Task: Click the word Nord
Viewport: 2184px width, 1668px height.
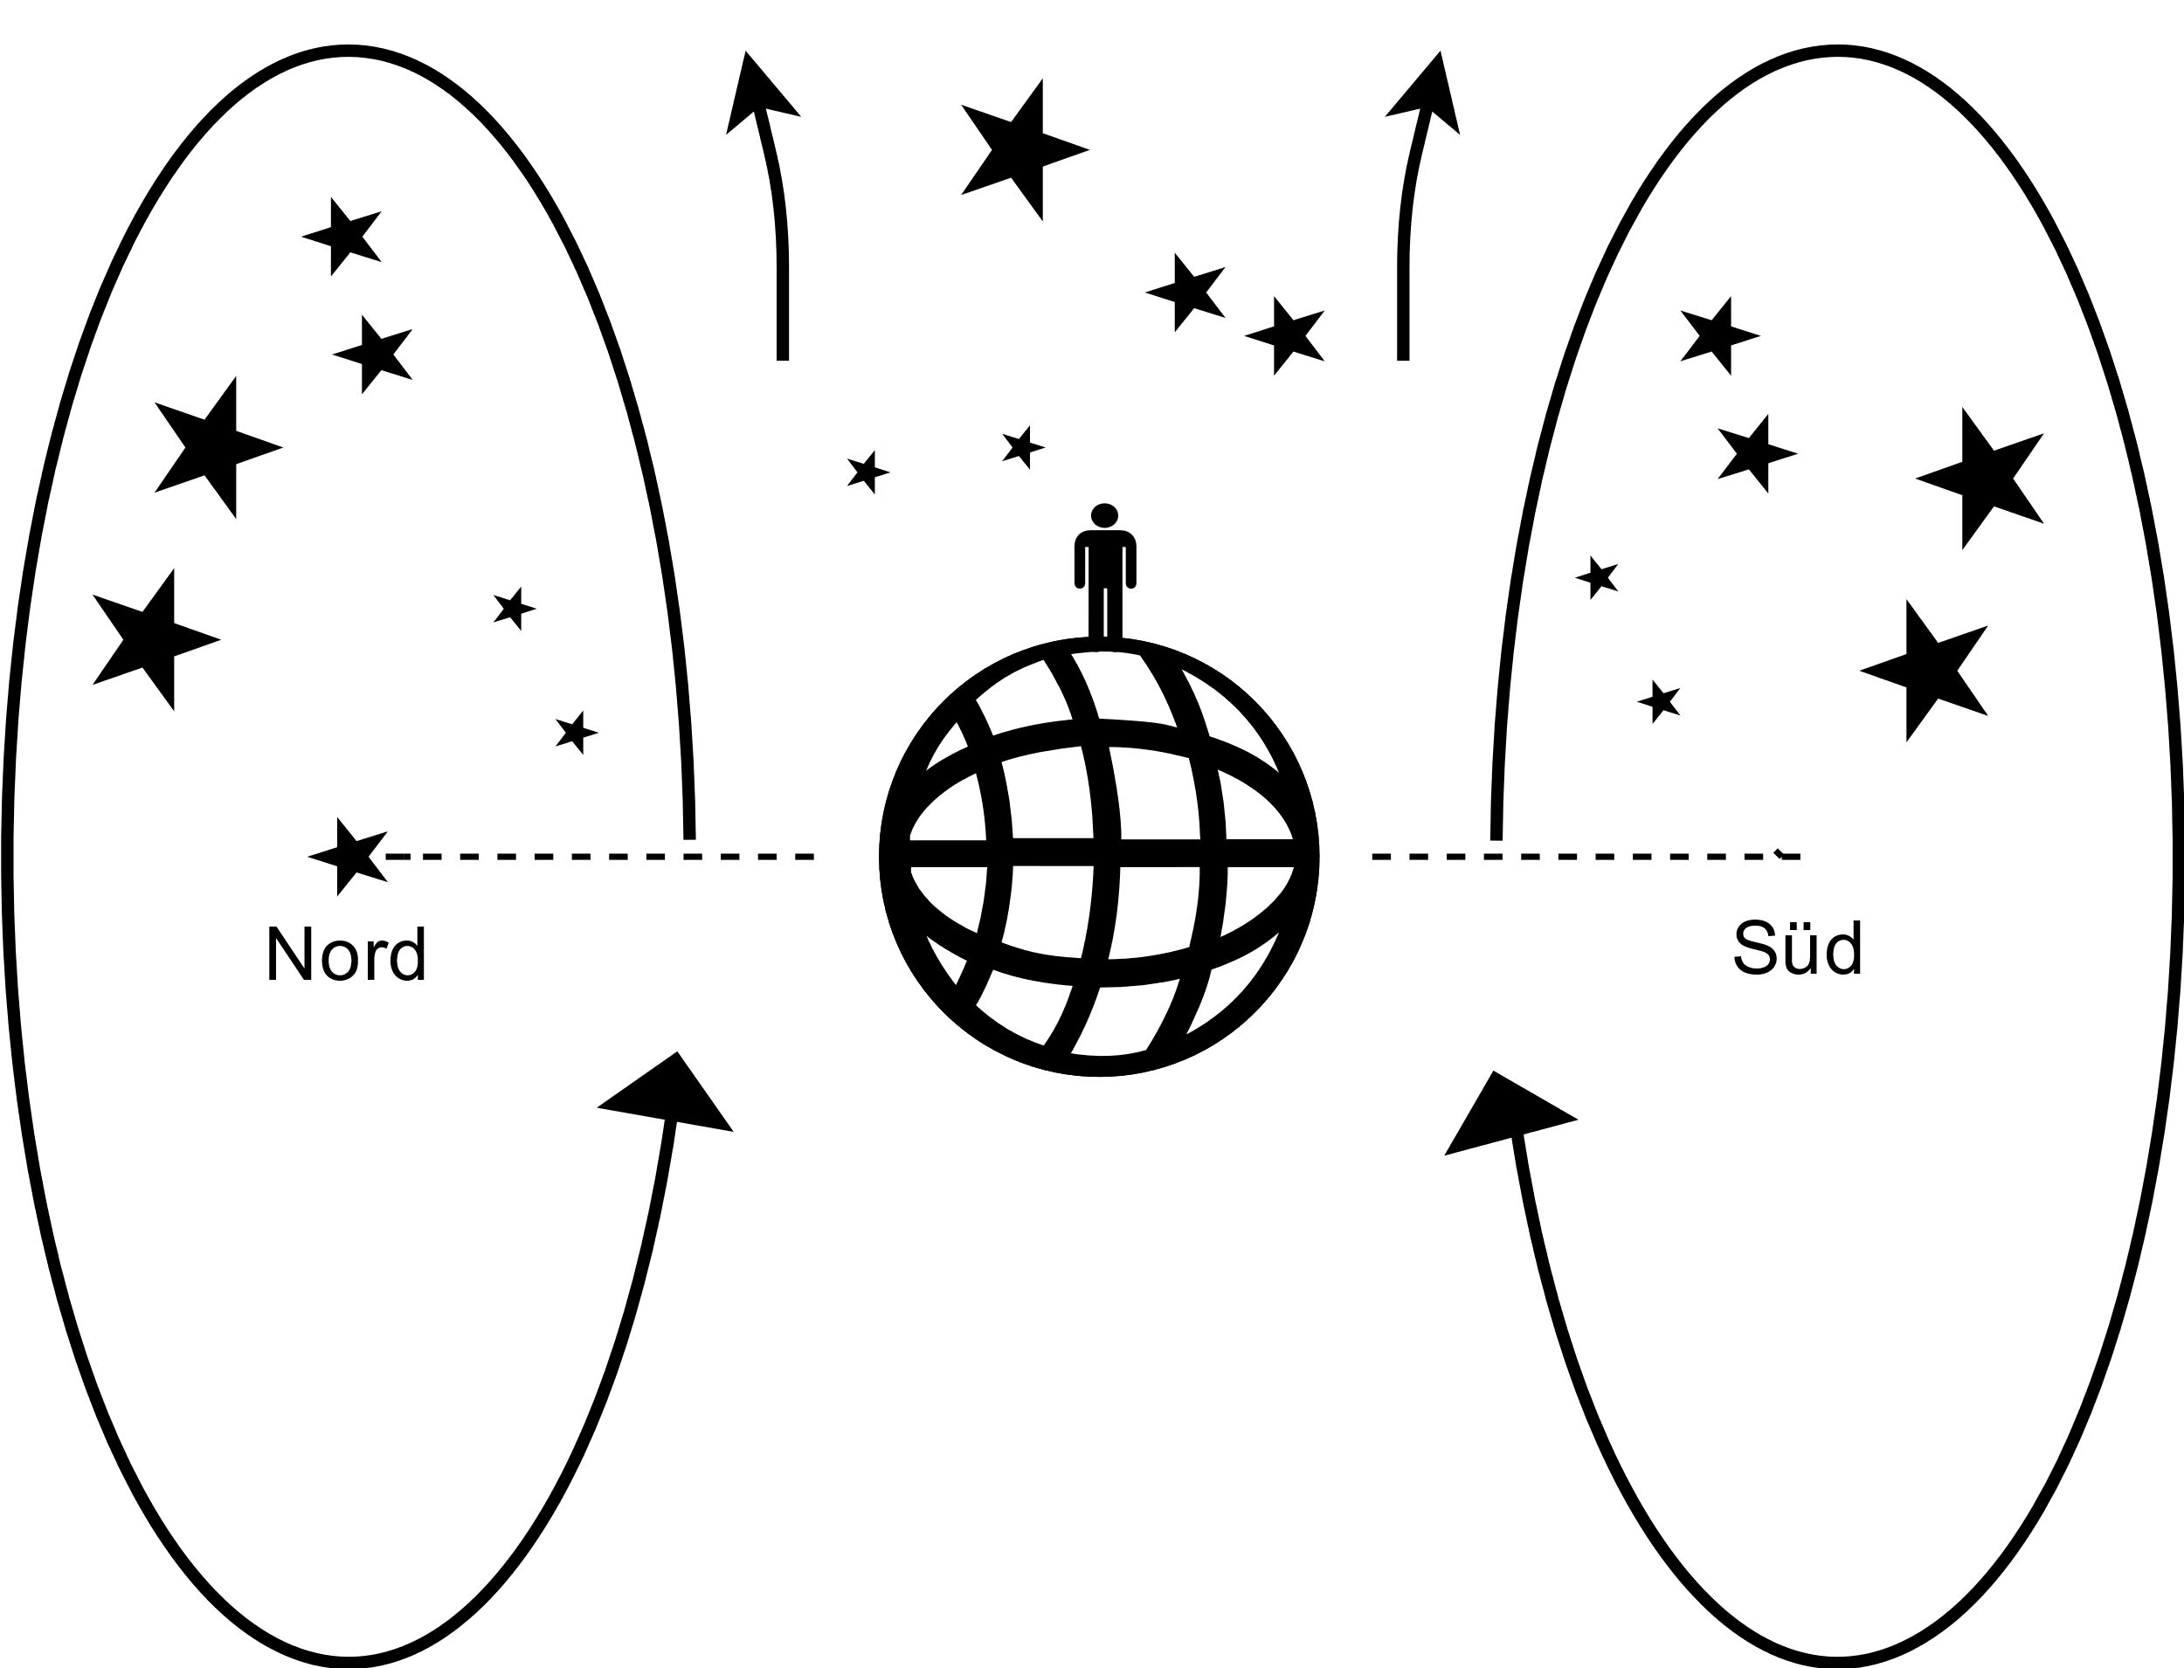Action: coord(346,955)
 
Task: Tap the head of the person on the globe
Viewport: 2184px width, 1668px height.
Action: coord(1104,515)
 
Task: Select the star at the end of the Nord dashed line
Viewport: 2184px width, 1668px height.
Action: coord(347,856)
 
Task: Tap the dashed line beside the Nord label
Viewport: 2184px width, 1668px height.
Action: coord(596,856)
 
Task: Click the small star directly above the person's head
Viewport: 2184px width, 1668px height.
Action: coord(1022,448)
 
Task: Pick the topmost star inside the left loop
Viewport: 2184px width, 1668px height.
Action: coord(343,237)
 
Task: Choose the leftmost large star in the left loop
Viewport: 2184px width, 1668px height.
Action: coord(153,639)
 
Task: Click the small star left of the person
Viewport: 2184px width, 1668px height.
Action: coord(866,472)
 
